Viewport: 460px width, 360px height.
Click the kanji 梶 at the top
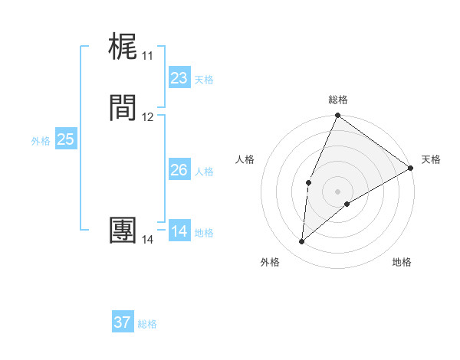click(x=123, y=47)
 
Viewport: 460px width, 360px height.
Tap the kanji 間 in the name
click(x=123, y=108)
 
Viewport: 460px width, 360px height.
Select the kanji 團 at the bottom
click(x=123, y=231)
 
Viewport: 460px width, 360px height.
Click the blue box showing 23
click(x=179, y=78)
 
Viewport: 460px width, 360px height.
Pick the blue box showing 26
click(x=179, y=170)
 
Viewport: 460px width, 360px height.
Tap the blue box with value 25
click(x=65, y=139)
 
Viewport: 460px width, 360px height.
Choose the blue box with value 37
click(x=122, y=322)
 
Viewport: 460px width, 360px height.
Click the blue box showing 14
click(x=179, y=231)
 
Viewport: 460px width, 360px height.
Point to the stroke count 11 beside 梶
click(x=147, y=56)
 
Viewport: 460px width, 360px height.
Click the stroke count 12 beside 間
click(x=147, y=117)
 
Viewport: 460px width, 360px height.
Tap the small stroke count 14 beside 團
click(x=147, y=240)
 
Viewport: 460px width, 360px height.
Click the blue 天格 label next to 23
click(x=204, y=80)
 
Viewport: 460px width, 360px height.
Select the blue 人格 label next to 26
click(x=204, y=172)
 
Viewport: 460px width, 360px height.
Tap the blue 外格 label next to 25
click(x=41, y=141)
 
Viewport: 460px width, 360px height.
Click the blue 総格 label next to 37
click(x=147, y=324)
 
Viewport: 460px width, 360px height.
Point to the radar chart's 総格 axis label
click(x=338, y=100)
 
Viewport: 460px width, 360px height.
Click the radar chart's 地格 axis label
click(x=402, y=262)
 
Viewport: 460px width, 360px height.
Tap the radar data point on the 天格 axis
click(x=411, y=168)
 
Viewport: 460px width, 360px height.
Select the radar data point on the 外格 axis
click(x=301, y=242)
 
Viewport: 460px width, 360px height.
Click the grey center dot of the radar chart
click(x=337, y=191)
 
